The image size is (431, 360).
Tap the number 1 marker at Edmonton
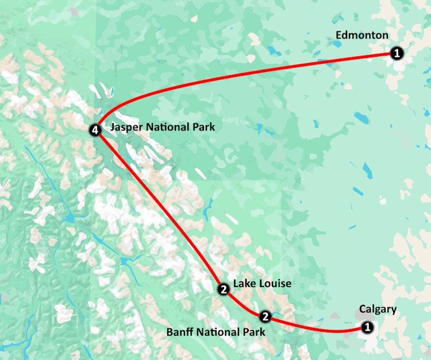(396, 53)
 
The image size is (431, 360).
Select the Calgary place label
(378, 309)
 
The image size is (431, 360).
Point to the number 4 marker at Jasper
(96, 130)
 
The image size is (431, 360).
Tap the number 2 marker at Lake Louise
(223, 289)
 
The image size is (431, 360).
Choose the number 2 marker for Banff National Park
(265, 316)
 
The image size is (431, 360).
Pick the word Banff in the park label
(179, 332)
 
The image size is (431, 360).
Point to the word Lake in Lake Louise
(244, 284)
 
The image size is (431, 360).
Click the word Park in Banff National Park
(254, 332)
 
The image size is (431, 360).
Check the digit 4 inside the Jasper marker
(96, 130)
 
